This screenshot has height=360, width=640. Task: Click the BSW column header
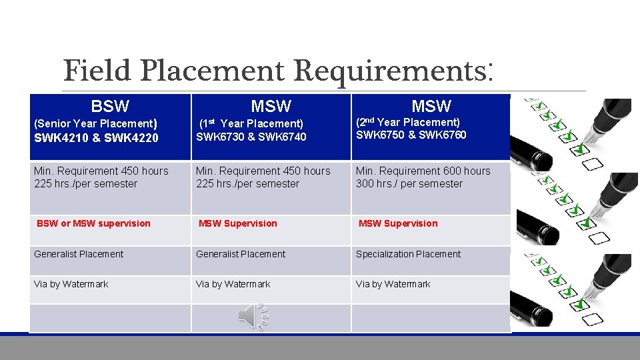point(110,106)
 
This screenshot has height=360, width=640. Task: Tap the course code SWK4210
point(61,138)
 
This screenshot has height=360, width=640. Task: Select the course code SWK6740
point(280,137)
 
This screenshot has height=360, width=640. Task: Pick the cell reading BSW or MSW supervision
point(94,223)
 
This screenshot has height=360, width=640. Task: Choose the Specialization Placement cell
point(408,254)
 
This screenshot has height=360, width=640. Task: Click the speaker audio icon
point(253,316)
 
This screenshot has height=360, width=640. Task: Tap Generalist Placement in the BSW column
point(79,254)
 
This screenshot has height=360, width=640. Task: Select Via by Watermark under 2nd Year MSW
point(393,284)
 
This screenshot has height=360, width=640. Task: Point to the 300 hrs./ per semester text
point(409,183)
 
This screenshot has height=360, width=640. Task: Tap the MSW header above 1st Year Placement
point(271,106)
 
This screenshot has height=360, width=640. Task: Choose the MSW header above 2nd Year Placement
point(431,106)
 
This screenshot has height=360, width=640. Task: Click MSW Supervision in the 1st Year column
point(238,223)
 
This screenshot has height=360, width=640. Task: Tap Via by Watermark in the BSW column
point(71,284)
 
